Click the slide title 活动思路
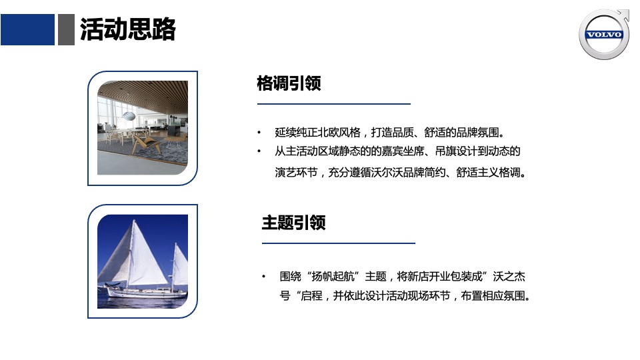click(x=127, y=30)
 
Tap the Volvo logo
click(x=604, y=35)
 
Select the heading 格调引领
click(x=289, y=84)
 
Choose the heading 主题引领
click(x=293, y=223)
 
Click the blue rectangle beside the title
click(x=27, y=30)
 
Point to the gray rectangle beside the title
click(x=66, y=30)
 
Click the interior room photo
click(x=143, y=128)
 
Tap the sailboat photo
click(x=143, y=261)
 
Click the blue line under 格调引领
click(x=334, y=104)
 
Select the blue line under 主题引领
click(x=338, y=243)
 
